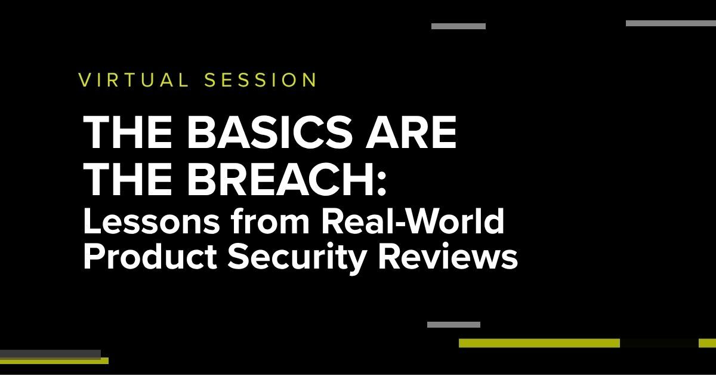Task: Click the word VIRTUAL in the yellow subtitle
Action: tap(134, 80)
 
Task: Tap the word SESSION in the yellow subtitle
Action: tap(261, 80)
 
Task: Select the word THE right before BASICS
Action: tap(128, 132)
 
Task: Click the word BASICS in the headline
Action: tap(269, 132)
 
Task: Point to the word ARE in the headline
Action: tap(411, 132)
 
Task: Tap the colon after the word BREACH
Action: tap(382, 184)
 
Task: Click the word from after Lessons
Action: tap(270, 221)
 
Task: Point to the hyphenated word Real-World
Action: tap(413, 221)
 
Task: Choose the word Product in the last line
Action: tap(150, 257)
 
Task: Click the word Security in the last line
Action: tap(297, 259)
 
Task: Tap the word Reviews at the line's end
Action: tap(448, 257)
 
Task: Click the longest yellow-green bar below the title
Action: tap(539, 343)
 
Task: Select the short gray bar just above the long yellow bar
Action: tap(453, 325)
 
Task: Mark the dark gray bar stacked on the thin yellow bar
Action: tap(51, 353)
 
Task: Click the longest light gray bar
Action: tap(671, 23)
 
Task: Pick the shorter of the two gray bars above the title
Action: tap(458, 26)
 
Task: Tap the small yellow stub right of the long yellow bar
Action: tap(708, 343)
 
